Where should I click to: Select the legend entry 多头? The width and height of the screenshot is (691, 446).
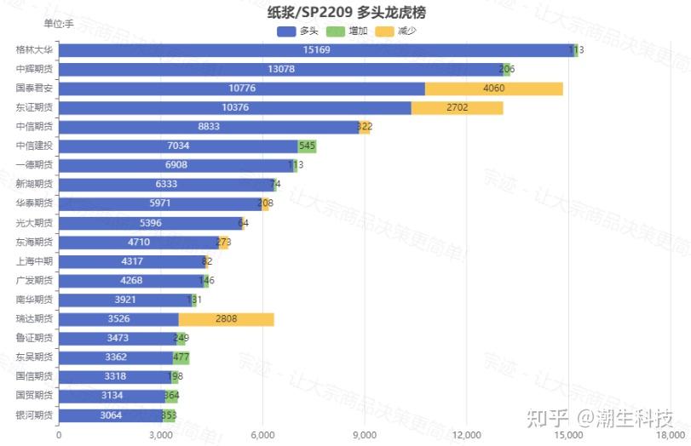(x=298, y=31)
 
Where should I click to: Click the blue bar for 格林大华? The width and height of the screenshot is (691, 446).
(x=315, y=50)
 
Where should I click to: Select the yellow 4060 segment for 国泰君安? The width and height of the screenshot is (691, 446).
(x=493, y=89)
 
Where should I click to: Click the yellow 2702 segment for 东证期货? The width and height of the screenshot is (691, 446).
(x=457, y=108)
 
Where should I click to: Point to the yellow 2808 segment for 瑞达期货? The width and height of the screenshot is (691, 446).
(x=226, y=319)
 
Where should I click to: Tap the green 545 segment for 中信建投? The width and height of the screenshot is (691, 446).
(x=307, y=146)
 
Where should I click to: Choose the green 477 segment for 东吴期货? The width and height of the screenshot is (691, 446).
(x=181, y=357)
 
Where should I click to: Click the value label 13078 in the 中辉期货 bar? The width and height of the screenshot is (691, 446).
(x=281, y=70)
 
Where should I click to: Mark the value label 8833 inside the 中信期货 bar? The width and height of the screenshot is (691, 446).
(x=209, y=127)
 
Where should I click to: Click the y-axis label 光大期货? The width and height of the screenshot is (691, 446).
(x=34, y=223)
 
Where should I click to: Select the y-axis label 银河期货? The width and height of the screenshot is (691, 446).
(x=34, y=415)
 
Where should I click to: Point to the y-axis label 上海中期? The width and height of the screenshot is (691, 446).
(x=34, y=261)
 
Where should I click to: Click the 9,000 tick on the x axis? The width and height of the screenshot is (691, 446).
(x=364, y=435)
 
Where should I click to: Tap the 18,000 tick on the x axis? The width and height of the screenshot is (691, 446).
(x=670, y=435)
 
